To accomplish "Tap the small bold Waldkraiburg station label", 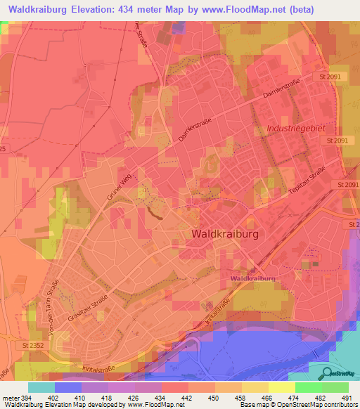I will pos(252,279).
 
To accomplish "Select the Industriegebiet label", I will pos(296,129).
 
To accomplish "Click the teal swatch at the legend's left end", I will pos(41,387).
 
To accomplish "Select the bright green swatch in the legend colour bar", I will pos(308,387).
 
